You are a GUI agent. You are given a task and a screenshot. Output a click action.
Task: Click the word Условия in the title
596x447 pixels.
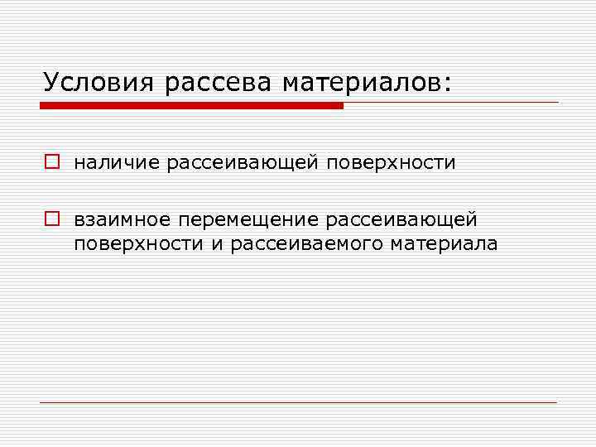[98, 82]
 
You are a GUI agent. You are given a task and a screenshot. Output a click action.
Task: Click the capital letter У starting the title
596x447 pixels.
[52, 82]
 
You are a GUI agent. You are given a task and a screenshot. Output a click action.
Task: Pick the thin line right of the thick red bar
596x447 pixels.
[451, 103]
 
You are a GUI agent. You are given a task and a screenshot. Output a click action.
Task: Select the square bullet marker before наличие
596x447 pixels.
[51, 162]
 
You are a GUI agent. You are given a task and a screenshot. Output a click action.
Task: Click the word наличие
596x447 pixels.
[116, 162]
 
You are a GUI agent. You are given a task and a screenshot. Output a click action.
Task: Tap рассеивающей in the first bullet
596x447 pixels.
[243, 162]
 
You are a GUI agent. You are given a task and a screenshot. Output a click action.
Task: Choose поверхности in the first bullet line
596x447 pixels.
[391, 162]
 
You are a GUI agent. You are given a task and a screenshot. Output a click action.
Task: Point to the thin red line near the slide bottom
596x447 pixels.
[298, 402]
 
